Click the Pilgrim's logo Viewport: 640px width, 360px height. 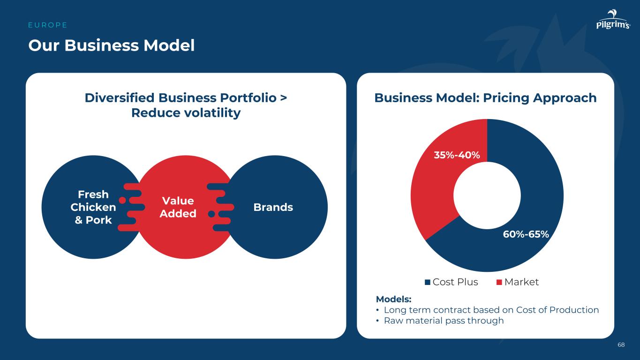click(613, 19)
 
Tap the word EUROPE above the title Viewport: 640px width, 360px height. click(48, 25)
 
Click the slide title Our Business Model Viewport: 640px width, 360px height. click(112, 45)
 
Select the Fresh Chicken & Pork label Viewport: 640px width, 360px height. click(93, 207)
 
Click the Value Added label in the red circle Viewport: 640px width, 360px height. click(178, 207)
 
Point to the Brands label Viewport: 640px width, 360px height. click(273, 207)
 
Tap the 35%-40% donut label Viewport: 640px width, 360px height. click(457, 155)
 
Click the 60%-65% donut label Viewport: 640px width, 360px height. click(526, 234)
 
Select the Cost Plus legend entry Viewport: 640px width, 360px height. click(452, 282)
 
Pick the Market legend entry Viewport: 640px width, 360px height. click(518, 282)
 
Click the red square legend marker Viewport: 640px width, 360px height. click(499, 282)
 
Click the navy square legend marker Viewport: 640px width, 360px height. click(428, 282)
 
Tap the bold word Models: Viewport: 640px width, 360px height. click(394, 299)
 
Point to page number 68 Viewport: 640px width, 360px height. click(621, 345)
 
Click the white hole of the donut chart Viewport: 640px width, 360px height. click(487, 195)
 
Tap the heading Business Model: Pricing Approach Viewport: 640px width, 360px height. click(485, 97)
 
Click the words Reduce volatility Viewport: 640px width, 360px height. click(186, 113)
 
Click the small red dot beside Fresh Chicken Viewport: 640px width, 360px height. click(122, 200)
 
